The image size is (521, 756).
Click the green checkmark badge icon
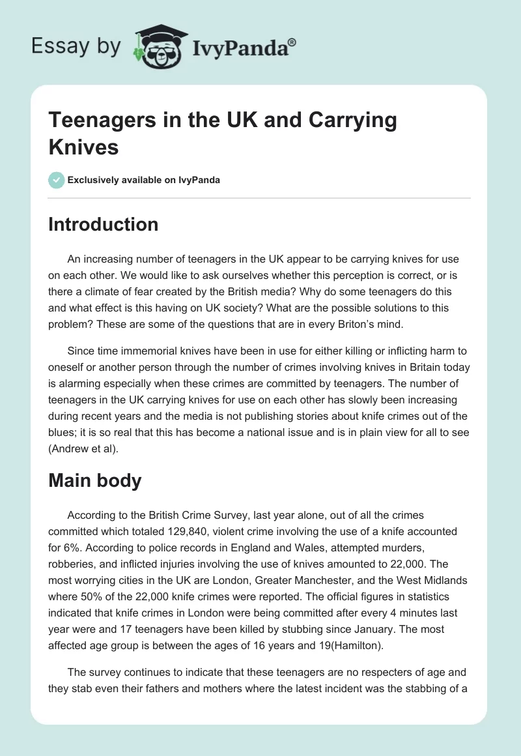tap(57, 180)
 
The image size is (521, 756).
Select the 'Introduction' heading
tap(104, 224)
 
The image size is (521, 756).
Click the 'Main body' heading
tap(95, 481)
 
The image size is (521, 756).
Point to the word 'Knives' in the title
tap(83, 147)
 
